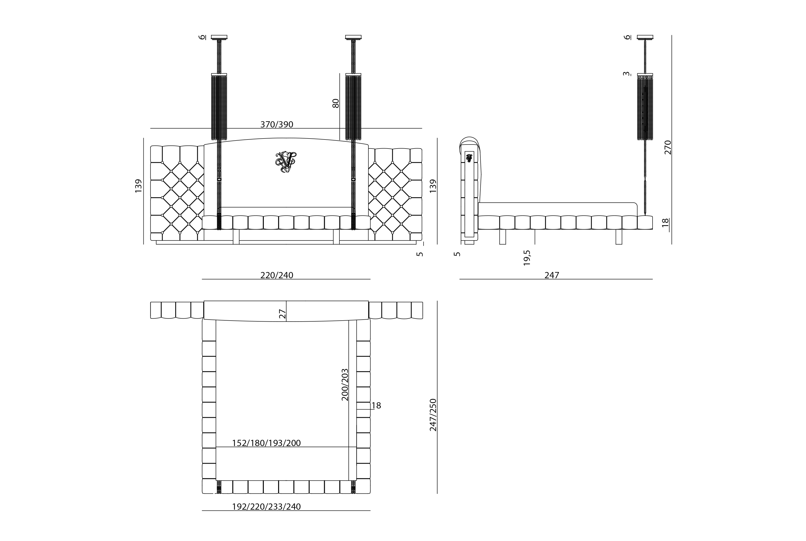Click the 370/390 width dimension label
click(277, 124)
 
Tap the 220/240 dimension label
click(277, 275)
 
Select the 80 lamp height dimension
click(335, 103)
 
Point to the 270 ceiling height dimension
click(668, 147)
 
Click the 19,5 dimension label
click(527, 258)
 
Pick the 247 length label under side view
click(552, 275)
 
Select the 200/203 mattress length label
click(345, 385)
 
